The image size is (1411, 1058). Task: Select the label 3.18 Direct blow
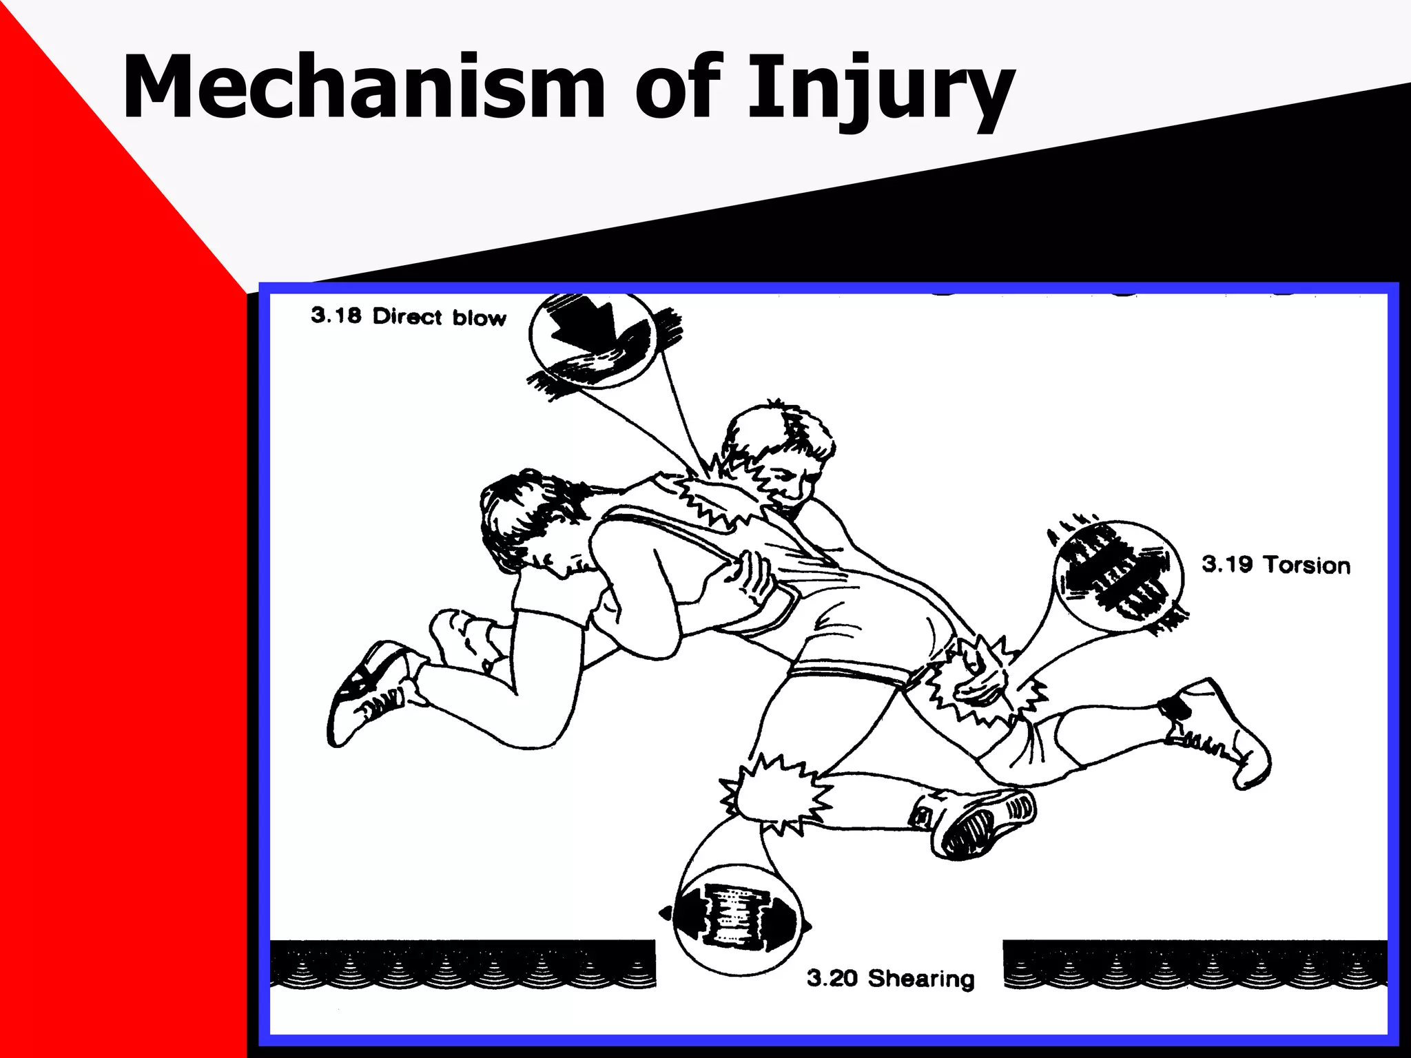tap(408, 316)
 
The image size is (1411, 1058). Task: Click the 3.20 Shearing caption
tap(890, 978)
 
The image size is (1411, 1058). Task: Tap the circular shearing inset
tap(737, 920)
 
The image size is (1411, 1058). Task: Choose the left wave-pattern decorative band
tap(462, 964)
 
